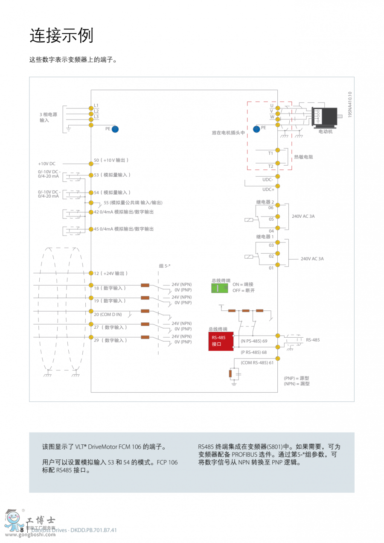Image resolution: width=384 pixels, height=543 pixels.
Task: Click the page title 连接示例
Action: (x=61, y=36)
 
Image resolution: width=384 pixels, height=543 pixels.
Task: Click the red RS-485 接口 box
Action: (x=221, y=341)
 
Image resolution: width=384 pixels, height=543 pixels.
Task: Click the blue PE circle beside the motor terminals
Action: (x=256, y=129)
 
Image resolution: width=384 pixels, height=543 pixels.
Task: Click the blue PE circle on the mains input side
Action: (x=115, y=129)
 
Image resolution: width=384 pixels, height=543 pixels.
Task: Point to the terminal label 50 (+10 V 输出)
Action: (x=111, y=161)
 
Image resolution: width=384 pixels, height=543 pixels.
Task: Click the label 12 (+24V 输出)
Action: (x=111, y=273)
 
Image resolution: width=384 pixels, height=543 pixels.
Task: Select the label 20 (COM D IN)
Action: (x=108, y=315)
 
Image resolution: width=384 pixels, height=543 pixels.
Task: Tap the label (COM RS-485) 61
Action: (x=257, y=363)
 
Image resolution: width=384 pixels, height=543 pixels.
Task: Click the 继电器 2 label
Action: (x=265, y=202)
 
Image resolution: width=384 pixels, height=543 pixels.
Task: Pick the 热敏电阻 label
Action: (x=303, y=157)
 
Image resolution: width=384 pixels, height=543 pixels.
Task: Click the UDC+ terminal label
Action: (x=268, y=190)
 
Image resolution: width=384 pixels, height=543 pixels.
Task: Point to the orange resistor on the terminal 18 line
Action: (x=145, y=285)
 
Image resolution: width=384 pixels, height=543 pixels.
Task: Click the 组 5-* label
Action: (x=165, y=266)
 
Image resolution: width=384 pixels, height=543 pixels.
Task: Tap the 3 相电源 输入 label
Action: (x=48, y=117)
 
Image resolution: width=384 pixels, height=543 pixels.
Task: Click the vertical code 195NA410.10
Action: (x=349, y=105)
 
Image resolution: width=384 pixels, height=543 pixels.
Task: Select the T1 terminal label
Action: (x=271, y=153)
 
